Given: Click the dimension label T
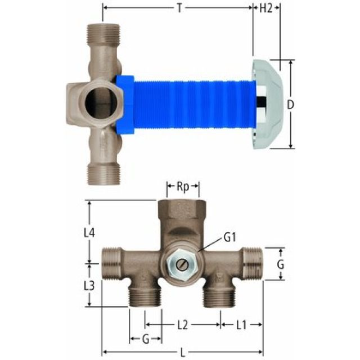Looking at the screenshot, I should point(179,8).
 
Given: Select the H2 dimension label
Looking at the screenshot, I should point(267,8).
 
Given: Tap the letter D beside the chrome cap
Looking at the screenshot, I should point(290,104).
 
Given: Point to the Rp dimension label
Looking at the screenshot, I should point(182,186).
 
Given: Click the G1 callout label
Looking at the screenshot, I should point(230,237).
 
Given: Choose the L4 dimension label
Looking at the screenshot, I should point(89,231).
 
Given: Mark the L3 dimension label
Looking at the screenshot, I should point(89,285).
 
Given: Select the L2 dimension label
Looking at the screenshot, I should point(183,325).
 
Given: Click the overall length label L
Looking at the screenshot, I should point(182,353).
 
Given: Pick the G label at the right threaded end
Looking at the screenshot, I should point(281,264).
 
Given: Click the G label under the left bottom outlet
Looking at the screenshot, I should point(146,339).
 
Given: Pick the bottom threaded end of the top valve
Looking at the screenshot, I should point(102,173).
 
